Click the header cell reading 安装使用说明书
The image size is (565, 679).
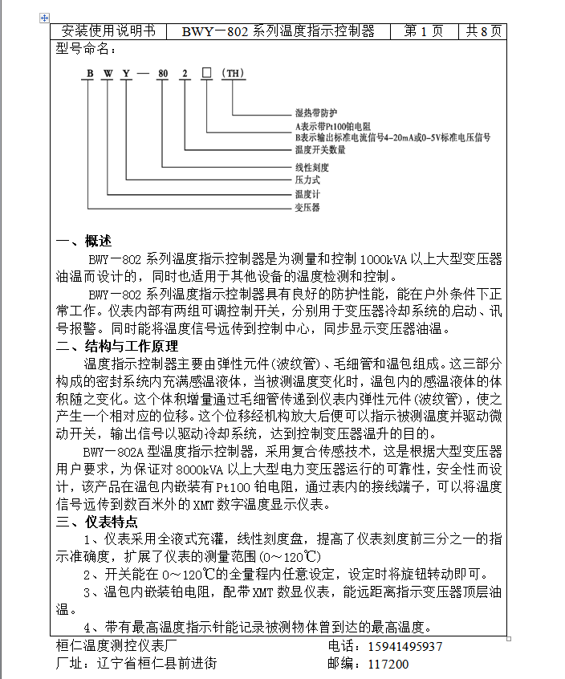[108, 31]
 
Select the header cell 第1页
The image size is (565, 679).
[423, 31]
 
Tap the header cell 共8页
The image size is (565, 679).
[484, 31]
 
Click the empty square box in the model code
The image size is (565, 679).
[206, 73]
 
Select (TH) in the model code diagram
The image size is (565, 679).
[233, 73]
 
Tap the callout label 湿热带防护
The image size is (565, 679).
[317, 114]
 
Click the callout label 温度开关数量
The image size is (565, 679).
[320, 149]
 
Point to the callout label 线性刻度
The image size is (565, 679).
[314, 168]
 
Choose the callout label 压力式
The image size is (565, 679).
[308, 181]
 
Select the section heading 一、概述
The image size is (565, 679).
[83, 242]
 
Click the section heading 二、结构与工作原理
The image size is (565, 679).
[117, 347]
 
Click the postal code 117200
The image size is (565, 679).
[388, 665]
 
